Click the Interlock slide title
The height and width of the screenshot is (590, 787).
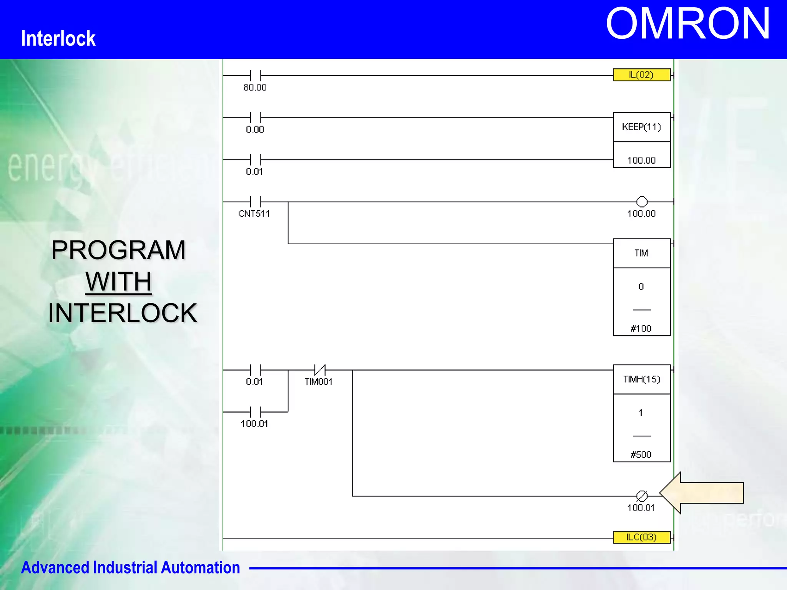[x=58, y=38]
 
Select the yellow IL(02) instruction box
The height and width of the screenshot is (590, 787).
[x=641, y=75]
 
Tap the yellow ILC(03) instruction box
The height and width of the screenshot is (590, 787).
[x=641, y=537]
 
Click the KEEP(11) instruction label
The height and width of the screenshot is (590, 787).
[x=641, y=127]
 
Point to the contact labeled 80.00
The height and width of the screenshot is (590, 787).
[x=255, y=76]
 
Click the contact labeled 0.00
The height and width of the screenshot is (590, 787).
[x=255, y=118]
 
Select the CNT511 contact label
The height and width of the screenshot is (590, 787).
[x=254, y=214]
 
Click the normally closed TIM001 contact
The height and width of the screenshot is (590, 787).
[x=320, y=370]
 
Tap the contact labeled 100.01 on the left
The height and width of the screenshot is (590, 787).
[x=255, y=412]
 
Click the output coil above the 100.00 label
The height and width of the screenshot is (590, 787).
[x=642, y=202]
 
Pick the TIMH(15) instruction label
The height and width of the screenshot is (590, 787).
[x=641, y=380]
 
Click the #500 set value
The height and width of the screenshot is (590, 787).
[x=641, y=455]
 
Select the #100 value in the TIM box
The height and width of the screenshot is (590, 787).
[x=641, y=328]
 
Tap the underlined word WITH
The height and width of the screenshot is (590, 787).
[x=118, y=282]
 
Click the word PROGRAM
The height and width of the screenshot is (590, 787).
[x=118, y=250]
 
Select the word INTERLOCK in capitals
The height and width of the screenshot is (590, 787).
[x=122, y=313]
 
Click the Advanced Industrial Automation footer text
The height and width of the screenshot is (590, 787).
[x=130, y=567]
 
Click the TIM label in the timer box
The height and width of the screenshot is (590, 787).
[x=641, y=253]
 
